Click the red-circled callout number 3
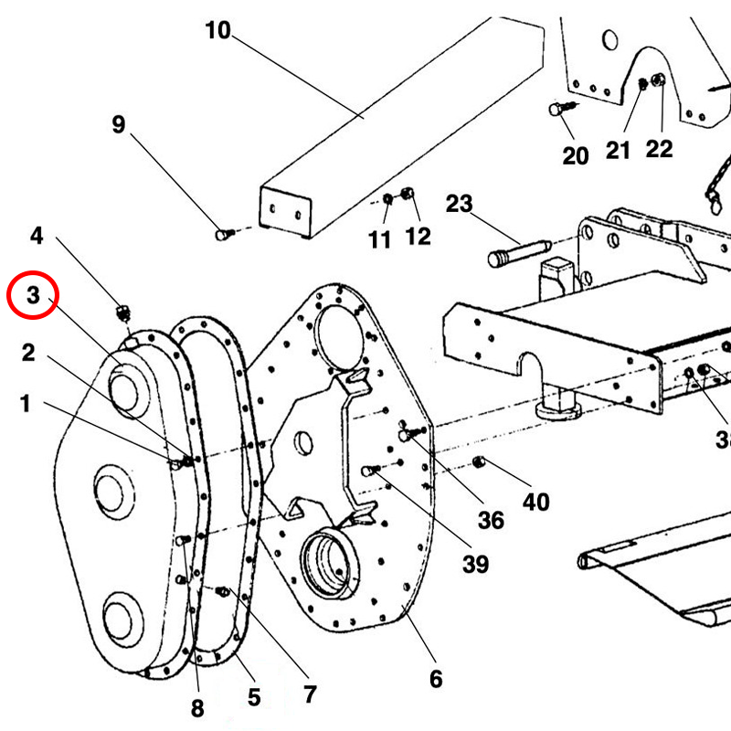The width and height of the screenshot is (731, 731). pyautogui.click(x=33, y=295)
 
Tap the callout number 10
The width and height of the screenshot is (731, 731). pyautogui.click(x=217, y=31)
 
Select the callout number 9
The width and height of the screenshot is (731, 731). pyautogui.click(x=118, y=124)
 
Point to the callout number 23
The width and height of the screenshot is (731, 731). pyautogui.click(x=459, y=203)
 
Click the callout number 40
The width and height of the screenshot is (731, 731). pyautogui.click(x=535, y=502)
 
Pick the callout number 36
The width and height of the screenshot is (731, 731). pyautogui.click(x=491, y=520)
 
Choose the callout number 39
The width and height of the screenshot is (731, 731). pyautogui.click(x=474, y=564)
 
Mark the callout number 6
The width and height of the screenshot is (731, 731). pyautogui.click(x=435, y=678)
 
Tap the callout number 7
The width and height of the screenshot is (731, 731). pyautogui.click(x=310, y=694)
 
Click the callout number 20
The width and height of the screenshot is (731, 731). pyautogui.click(x=576, y=156)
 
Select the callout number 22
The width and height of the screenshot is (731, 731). pyautogui.click(x=659, y=148)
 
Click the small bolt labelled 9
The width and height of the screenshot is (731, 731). pyautogui.click(x=223, y=235)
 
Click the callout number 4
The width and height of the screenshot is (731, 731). pyautogui.click(x=37, y=236)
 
